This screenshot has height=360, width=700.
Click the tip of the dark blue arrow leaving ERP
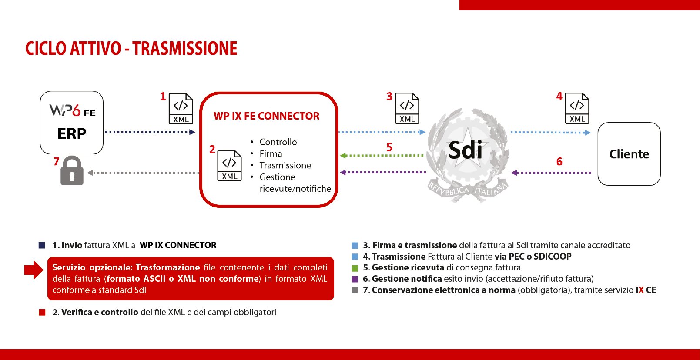(195, 132)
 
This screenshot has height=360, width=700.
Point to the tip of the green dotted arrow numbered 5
(340, 155)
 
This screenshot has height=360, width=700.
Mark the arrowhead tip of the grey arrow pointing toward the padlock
(87, 173)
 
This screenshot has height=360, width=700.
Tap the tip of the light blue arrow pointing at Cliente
(591, 132)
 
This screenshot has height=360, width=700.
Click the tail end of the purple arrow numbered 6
(591, 173)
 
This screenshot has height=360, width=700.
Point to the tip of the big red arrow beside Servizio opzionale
(44, 270)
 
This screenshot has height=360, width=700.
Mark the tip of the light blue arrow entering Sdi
(425, 132)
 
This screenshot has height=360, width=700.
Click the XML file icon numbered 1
(181, 108)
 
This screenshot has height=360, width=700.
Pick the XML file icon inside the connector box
(229, 166)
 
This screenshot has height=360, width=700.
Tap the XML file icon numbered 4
(577, 108)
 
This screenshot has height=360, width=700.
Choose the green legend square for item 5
(355, 268)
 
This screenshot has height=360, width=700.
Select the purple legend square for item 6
(355, 279)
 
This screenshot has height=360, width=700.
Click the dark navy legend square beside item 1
(42, 245)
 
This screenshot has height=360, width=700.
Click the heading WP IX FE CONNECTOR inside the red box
(267, 116)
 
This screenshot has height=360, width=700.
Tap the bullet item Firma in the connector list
(271, 153)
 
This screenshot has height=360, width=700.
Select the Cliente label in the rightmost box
(629, 154)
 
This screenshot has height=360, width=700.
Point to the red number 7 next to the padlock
(56, 161)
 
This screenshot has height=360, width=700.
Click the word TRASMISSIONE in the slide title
(185, 49)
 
